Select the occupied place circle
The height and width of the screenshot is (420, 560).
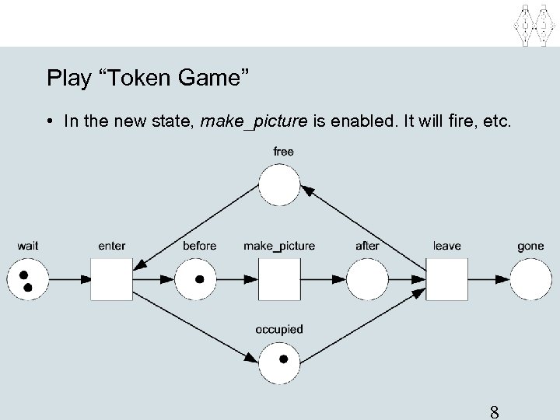[279, 361]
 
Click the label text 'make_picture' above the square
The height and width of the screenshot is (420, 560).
[279, 246]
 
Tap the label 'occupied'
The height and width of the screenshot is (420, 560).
[279, 330]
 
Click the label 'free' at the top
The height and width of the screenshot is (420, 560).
[283, 152]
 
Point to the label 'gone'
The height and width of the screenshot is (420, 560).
[530, 246]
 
